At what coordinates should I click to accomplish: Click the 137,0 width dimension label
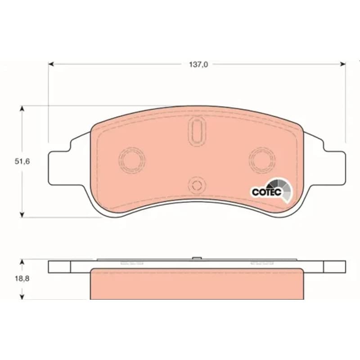(198, 64)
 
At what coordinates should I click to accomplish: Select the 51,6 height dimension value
(22, 162)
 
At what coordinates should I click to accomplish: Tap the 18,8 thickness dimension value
(22, 279)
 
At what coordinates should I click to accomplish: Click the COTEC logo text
(266, 192)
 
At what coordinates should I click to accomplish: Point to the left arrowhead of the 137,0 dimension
(51, 64)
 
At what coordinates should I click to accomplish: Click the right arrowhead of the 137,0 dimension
(343, 64)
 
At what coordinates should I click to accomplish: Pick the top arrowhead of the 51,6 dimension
(22, 108)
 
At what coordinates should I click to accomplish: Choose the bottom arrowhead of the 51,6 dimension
(22, 215)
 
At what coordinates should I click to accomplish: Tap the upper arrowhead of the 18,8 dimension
(22, 262)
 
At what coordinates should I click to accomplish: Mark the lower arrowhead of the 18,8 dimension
(22, 297)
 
